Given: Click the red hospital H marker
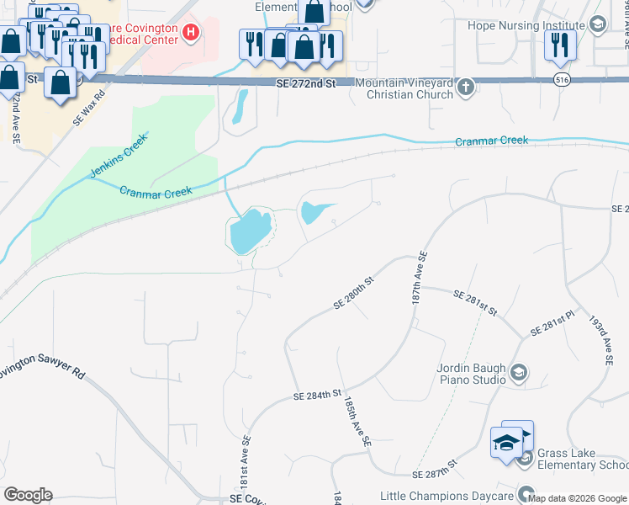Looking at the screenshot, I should pos(191,34).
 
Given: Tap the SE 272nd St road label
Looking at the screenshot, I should pos(306,84).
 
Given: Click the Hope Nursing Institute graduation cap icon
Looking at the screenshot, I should pos(598,24).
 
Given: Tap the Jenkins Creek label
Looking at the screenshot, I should pos(119,155).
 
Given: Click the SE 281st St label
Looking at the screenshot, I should pos(476,302).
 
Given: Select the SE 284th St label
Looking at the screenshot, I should pos(316,394).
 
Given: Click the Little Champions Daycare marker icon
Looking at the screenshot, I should pos(526,495).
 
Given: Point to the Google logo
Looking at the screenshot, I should pos(28,495).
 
